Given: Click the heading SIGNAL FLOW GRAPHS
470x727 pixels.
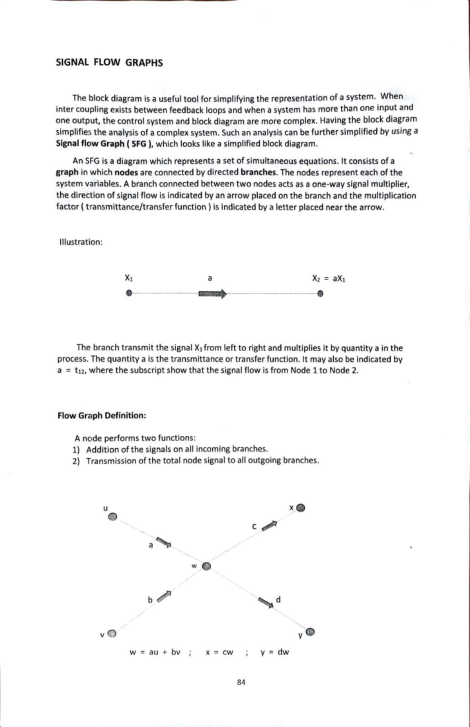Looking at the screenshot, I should [x=109, y=63].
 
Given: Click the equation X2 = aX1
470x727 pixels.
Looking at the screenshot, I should [x=329, y=279].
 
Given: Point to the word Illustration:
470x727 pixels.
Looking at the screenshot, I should [x=81, y=242].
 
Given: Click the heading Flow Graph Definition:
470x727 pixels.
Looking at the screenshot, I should [x=102, y=415].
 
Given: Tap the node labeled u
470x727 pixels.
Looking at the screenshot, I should [x=112, y=517].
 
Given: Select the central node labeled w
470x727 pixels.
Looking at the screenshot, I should [x=207, y=566].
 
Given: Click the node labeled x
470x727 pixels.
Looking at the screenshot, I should [x=300, y=508].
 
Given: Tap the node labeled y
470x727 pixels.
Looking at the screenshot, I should [x=310, y=632].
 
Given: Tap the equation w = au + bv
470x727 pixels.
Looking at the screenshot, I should [x=155, y=652].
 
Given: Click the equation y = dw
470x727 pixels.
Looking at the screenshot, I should [x=275, y=652].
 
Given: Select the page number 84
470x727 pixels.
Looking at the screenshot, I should [x=241, y=682].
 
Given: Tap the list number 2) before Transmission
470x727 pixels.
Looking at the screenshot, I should [x=76, y=461].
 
